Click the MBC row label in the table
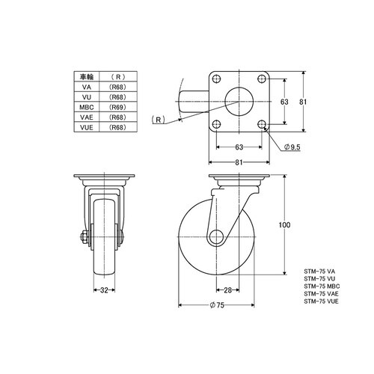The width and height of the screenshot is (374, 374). pyautogui.click(x=87, y=107)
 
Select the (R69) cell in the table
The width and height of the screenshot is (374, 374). pyautogui.click(x=118, y=107)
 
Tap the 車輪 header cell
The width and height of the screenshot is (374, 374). pyautogui.click(x=87, y=77)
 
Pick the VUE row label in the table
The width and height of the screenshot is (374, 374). pyautogui.click(x=87, y=127)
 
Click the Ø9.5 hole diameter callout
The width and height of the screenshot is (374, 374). pyautogui.click(x=292, y=147)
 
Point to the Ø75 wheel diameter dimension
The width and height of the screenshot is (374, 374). pyautogui.click(x=217, y=305)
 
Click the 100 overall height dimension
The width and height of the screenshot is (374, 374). pyautogui.click(x=284, y=225)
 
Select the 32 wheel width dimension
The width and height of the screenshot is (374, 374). pyautogui.click(x=104, y=290)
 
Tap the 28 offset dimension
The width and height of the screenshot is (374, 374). pyautogui.click(x=227, y=290)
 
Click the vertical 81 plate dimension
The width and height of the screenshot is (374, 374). pyautogui.click(x=303, y=102)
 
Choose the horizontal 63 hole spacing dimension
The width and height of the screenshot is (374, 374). pyautogui.click(x=239, y=147)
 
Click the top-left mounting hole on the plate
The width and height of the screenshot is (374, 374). pyautogui.click(x=216, y=79)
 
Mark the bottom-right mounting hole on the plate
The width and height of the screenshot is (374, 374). pyautogui.click(x=262, y=124)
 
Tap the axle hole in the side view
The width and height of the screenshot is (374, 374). pyautogui.click(x=216, y=237)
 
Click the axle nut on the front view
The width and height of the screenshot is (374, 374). pyautogui.click(x=84, y=236)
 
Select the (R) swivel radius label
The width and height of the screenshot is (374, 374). pyautogui.click(x=159, y=120)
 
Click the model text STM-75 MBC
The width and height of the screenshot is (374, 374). pyautogui.click(x=322, y=286)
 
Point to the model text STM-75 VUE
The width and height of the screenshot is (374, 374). pyautogui.click(x=322, y=301)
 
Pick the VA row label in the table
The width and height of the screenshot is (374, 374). pyautogui.click(x=87, y=87)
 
